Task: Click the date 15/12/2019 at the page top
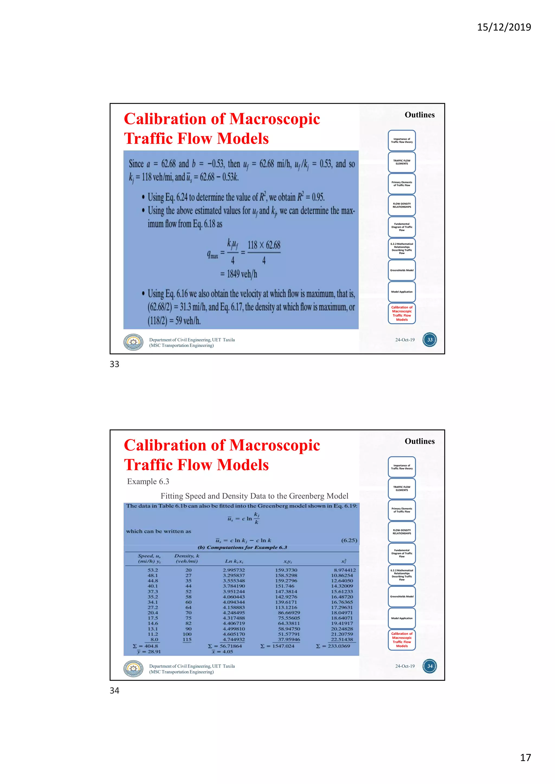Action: [x=504, y=27]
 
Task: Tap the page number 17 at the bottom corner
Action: [x=525, y=758]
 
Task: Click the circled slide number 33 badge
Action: [x=430, y=340]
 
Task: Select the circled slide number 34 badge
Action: [x=430, y=666]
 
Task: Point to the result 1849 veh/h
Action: [x=242, y=274]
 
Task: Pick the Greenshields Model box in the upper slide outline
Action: [x=402, y=270]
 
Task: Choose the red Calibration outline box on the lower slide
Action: [x=402, y=639]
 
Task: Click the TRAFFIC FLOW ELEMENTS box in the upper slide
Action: [x=402, y=162]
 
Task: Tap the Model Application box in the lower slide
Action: [x=402, y=618]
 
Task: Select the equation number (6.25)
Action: [x=349, y=540]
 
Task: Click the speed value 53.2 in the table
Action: [x=153, y=570]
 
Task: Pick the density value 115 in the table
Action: [x=187, y=639]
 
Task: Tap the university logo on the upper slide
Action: [x=133, y=342]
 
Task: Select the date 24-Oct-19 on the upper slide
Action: [x=405, y=340]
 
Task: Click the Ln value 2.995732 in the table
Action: [x=234, y=570]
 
